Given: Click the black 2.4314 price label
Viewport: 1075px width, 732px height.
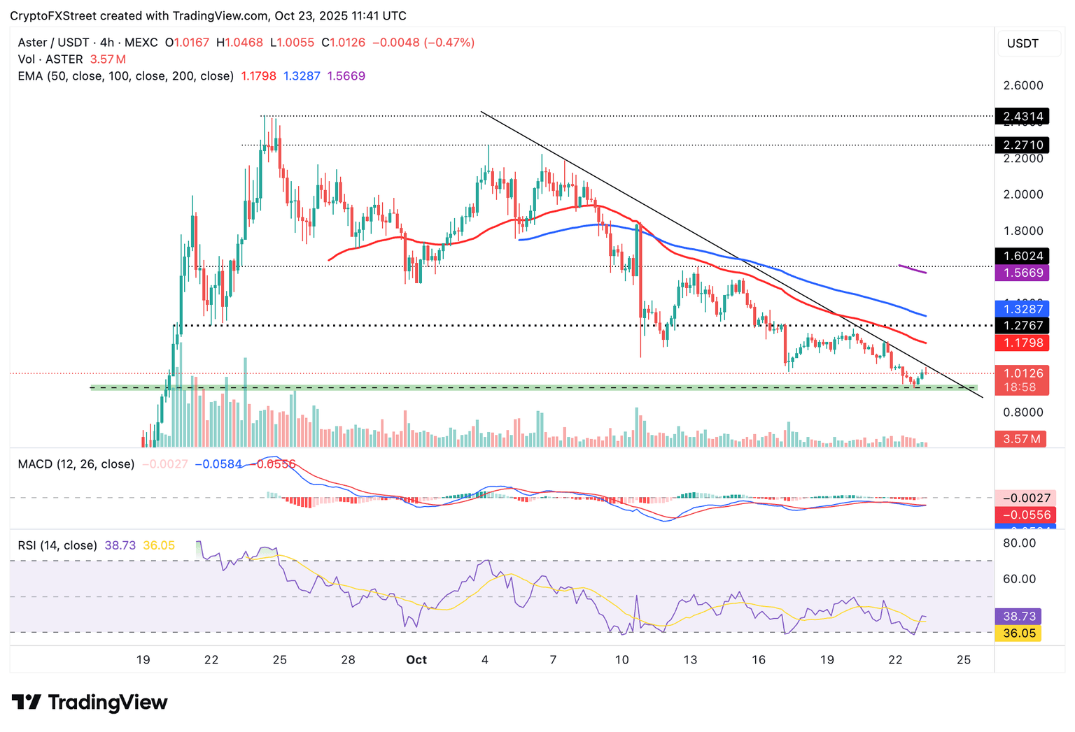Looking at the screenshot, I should [x=1023, y=116].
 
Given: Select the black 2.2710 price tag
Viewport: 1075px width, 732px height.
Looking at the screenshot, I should [x=1023, y=145].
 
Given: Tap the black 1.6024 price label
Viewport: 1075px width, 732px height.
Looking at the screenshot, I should [x=1023, y=256].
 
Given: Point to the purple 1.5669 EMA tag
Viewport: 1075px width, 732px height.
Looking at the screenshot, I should [x=1023, y=273].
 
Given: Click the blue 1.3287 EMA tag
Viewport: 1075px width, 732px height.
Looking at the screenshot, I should [x=1023, y=308].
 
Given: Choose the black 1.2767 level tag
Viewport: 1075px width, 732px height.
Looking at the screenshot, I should [x=1023, y=325].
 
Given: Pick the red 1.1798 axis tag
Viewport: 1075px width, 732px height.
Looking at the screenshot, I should [x=1023, y=343].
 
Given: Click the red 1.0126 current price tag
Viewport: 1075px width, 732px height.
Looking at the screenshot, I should [x=1023, y=373].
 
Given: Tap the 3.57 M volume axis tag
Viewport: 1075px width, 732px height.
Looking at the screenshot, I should [x=1021, y=439].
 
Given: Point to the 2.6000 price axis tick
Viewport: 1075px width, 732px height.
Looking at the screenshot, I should [x=1023, y=85].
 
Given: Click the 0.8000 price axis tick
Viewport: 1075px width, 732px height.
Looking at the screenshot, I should [x=1023, y=412].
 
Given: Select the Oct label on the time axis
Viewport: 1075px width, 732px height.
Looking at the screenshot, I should [x=416, y=659].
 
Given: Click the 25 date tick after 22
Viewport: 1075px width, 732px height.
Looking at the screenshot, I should [x=964, y=659].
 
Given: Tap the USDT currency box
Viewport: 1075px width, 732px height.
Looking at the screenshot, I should [x=1023, y=43].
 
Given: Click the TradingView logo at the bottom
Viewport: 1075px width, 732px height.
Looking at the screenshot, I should [x=90, y=702].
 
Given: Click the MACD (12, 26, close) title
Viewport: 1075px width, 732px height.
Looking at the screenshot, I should [x=76, y=464].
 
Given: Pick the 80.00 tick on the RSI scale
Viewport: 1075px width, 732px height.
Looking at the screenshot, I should [x=1019, y=543].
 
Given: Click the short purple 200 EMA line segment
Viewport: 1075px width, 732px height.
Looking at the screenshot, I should [x=913, y=269].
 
